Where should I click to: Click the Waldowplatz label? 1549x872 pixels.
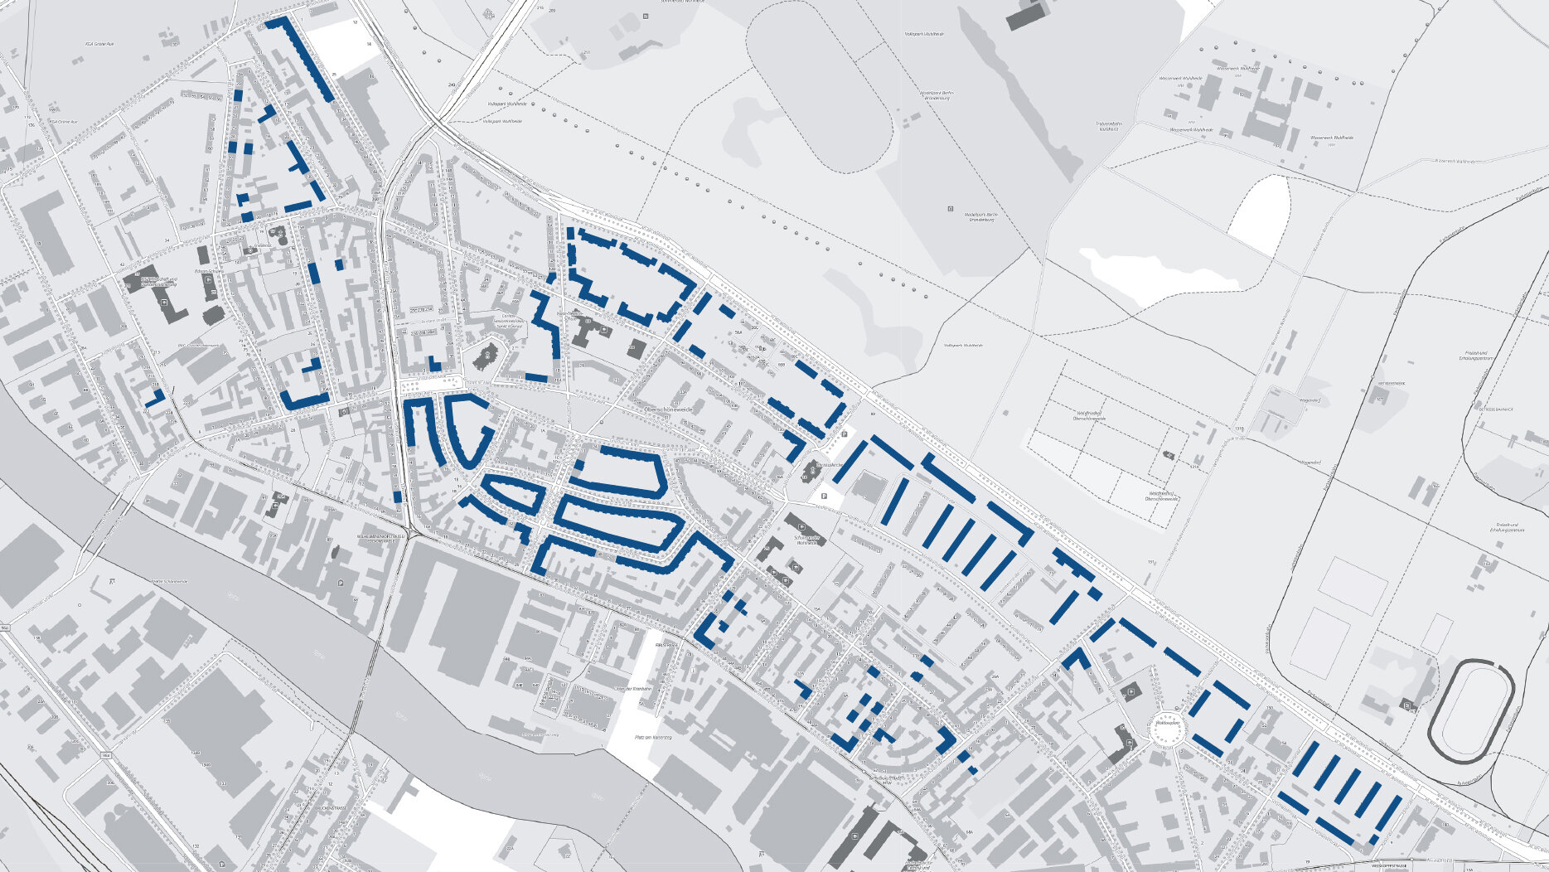1166,723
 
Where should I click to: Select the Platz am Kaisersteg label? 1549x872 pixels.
651,737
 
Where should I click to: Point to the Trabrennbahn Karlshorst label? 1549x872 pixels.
1102,126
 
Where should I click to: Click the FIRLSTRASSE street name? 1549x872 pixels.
666,644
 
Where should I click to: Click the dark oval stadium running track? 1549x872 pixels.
1471,711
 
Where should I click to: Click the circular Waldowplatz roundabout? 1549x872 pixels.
1167,729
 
